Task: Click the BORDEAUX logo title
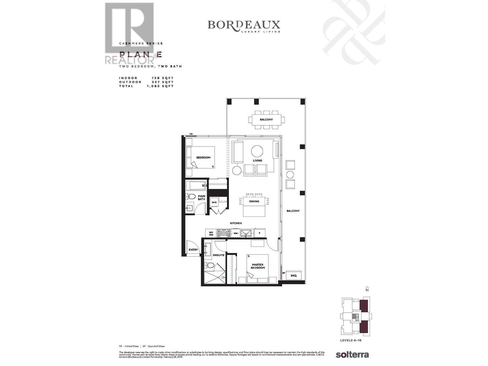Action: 244,25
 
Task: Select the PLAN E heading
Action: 140,55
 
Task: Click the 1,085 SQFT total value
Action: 160,86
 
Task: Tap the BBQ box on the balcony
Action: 293,276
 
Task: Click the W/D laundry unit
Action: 214,203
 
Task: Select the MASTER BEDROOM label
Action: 258,266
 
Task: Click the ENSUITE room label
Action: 218,255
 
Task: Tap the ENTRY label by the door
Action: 193,250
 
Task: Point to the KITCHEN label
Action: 236,223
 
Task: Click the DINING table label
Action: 254,201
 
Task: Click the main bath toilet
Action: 191,196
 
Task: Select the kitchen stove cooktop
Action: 224,234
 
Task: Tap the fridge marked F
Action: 259,233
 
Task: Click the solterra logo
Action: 352,354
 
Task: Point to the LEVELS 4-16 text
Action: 351,340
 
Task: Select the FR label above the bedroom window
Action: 191,134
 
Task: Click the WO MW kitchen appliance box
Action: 211,234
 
